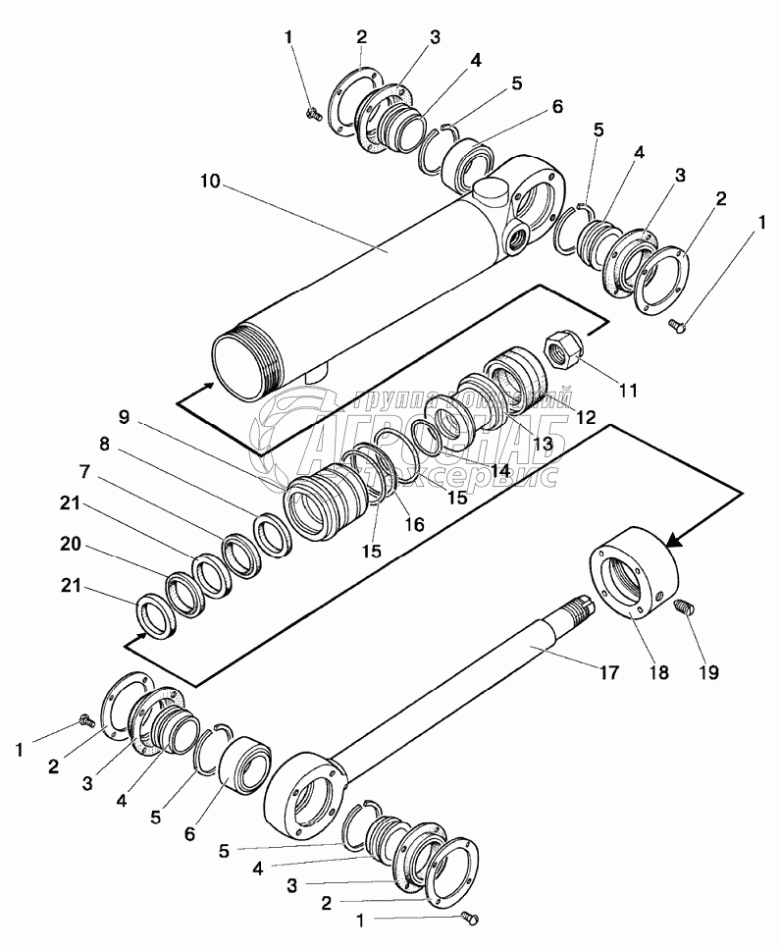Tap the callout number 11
(x=628, y=390)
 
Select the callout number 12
(x=587, y=416)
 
